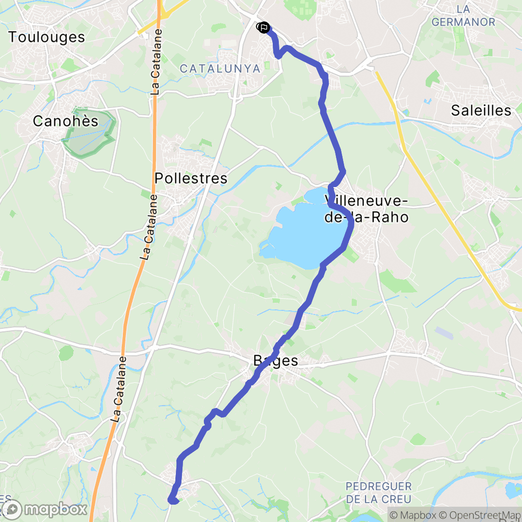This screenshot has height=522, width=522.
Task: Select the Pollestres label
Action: coord(191,178)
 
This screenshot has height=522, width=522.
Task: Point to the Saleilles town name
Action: coord(481,111)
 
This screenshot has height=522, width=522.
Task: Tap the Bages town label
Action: coord(276,361)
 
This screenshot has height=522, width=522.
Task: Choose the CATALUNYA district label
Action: coord(220,69)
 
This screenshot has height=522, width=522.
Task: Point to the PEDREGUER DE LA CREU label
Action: coord(378,492)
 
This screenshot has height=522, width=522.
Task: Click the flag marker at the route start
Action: coord(264,28)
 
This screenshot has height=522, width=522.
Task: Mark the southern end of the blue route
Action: coord(173,501)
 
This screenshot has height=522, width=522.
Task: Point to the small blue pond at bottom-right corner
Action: coord(511,490)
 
